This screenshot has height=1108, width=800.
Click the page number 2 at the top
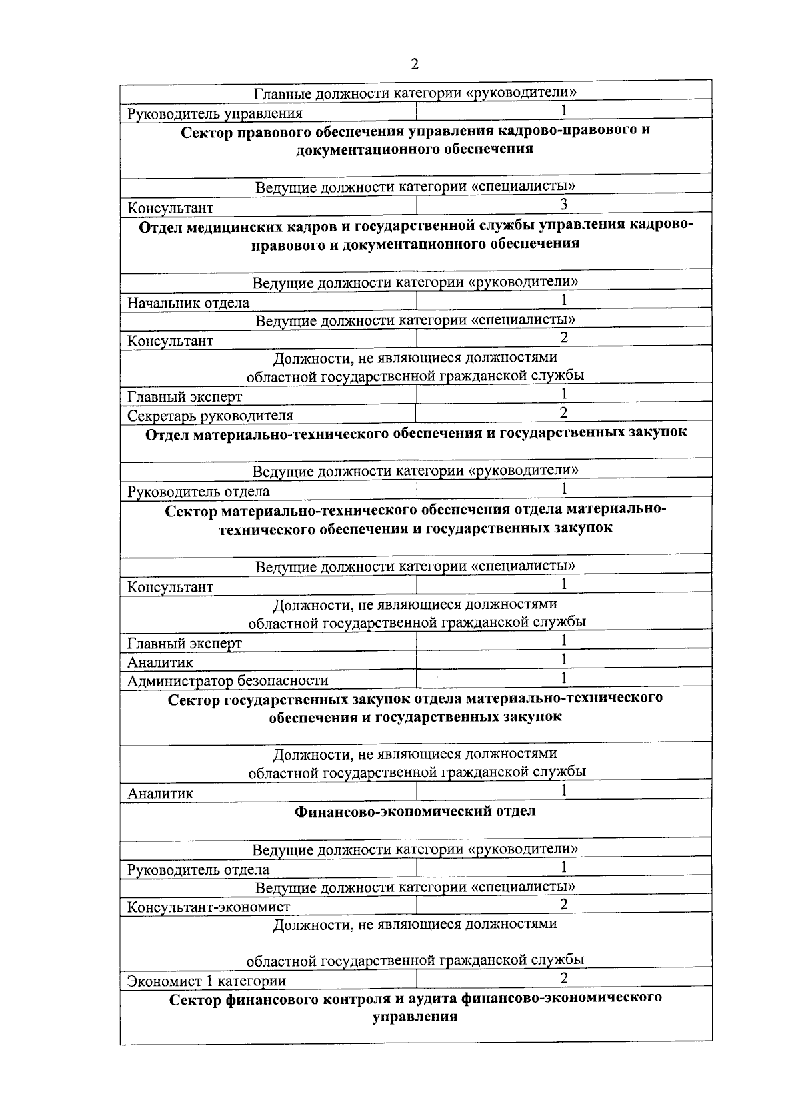(x=415, y=65)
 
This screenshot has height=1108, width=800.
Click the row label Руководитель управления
(x=215, y=113)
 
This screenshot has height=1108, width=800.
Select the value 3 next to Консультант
(x=563, y=204)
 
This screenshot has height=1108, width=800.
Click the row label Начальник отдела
(x=188, y=303)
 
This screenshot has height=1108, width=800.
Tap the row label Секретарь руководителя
(x=210, y=416)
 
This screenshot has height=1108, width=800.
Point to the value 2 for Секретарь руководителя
(x=563, y=412)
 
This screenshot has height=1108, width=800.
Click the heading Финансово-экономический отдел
(x=415, y=812)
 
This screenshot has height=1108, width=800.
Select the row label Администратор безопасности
(x=227, y=681)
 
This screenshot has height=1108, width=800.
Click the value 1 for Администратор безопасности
(x=563, y=678)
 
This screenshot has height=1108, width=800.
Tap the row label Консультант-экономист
(x=209, y=907)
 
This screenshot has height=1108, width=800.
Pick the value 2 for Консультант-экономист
(x=563, y=905)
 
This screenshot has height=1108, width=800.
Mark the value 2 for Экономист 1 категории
(x=563, y=978)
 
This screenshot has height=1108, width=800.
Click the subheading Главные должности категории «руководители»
(x=415, y=93)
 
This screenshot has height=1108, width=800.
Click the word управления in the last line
(x=415, y=1017)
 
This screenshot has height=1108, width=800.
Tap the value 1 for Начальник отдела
(x=563, y=300)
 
